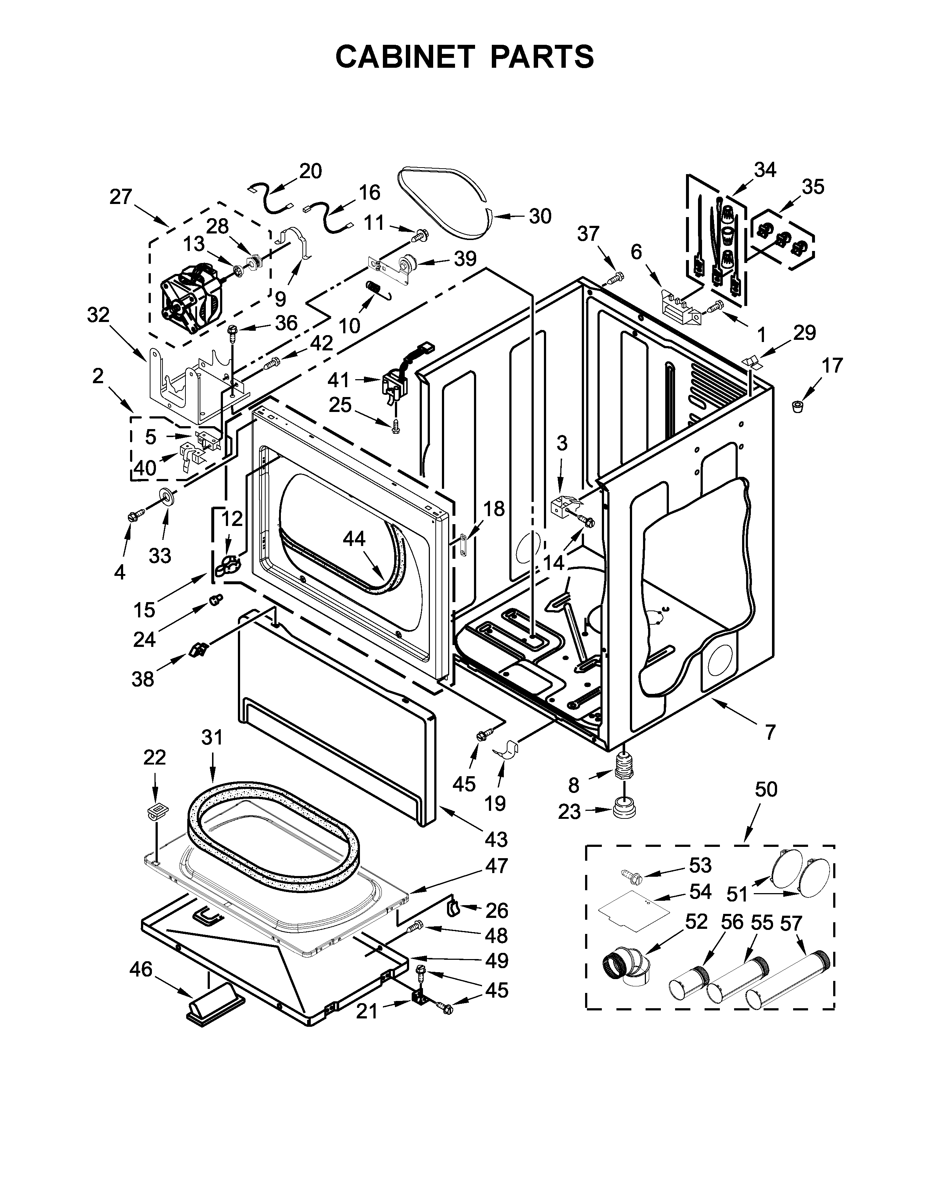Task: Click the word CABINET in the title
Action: [x=404, y=57]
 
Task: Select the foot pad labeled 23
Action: [x=624, y=809]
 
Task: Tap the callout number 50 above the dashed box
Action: [x=765, y=789]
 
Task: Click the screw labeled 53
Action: [x=630, y=873]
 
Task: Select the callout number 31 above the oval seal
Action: [x=212, y=736]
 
